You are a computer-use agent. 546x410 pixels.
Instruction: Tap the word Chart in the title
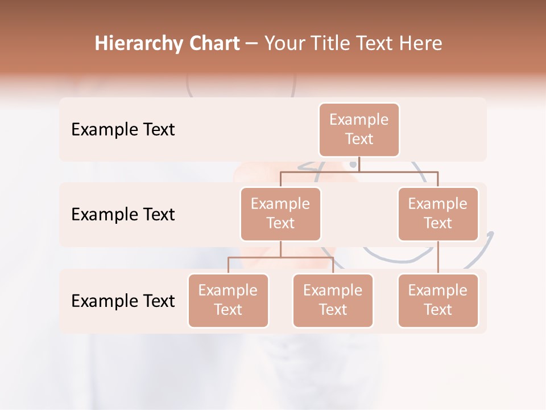point(214,43)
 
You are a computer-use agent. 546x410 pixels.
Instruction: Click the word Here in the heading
point(421,43)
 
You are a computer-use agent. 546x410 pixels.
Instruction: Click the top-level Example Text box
point(359,129)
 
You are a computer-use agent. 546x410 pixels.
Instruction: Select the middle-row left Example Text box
point(280,214)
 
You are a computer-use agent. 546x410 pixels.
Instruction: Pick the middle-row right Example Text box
point(438,214)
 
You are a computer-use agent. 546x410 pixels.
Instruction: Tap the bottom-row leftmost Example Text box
point(228,300)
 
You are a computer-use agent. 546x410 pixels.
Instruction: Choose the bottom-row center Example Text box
point(333,300)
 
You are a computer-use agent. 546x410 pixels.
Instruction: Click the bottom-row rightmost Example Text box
point(438,300)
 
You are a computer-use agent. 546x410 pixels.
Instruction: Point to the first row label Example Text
point(123,129)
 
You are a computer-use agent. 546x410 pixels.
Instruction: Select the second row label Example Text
point(123,214)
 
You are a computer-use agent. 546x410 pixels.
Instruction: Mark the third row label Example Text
point(123,301)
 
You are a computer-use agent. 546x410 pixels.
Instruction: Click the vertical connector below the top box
point(359,164)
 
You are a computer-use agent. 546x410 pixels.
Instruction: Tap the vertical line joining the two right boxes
point(438,257)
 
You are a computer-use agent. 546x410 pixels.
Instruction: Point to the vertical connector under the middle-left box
point(280,249)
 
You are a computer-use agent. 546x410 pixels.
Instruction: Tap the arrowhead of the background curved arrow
point(490,234)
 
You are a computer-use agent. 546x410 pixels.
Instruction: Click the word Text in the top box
point(359,139)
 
